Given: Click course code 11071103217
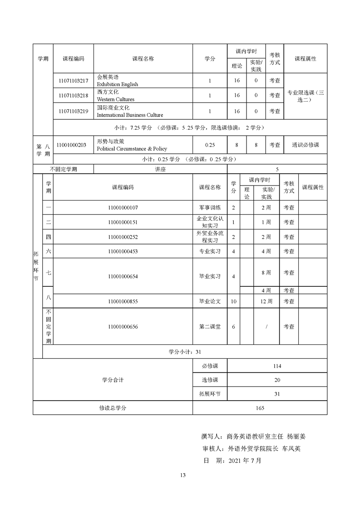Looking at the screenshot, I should [x=73, y=81].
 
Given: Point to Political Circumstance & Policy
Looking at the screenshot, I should [x=132, y=148].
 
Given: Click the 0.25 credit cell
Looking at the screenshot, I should [x=209, y=145].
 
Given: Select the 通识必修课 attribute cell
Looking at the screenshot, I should [x=305, y=145].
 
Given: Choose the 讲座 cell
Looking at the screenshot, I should [x=160, y=169].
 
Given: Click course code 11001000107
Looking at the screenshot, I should [x=123, y=207].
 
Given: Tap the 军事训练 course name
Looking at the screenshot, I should [x=210, y=207].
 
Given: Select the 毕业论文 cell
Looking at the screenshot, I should [x=210, y=301].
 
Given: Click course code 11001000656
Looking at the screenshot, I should [x=123, y=327].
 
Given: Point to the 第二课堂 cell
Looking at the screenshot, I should [x=210, y=327].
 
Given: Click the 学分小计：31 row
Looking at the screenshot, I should [x=184, y=352].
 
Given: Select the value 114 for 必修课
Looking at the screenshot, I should [x=277, y=366].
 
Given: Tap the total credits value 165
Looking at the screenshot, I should [x=260, y=408].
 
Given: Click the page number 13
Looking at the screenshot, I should [x=183, y=475].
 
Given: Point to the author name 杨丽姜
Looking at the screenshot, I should [x=297, y=437].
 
